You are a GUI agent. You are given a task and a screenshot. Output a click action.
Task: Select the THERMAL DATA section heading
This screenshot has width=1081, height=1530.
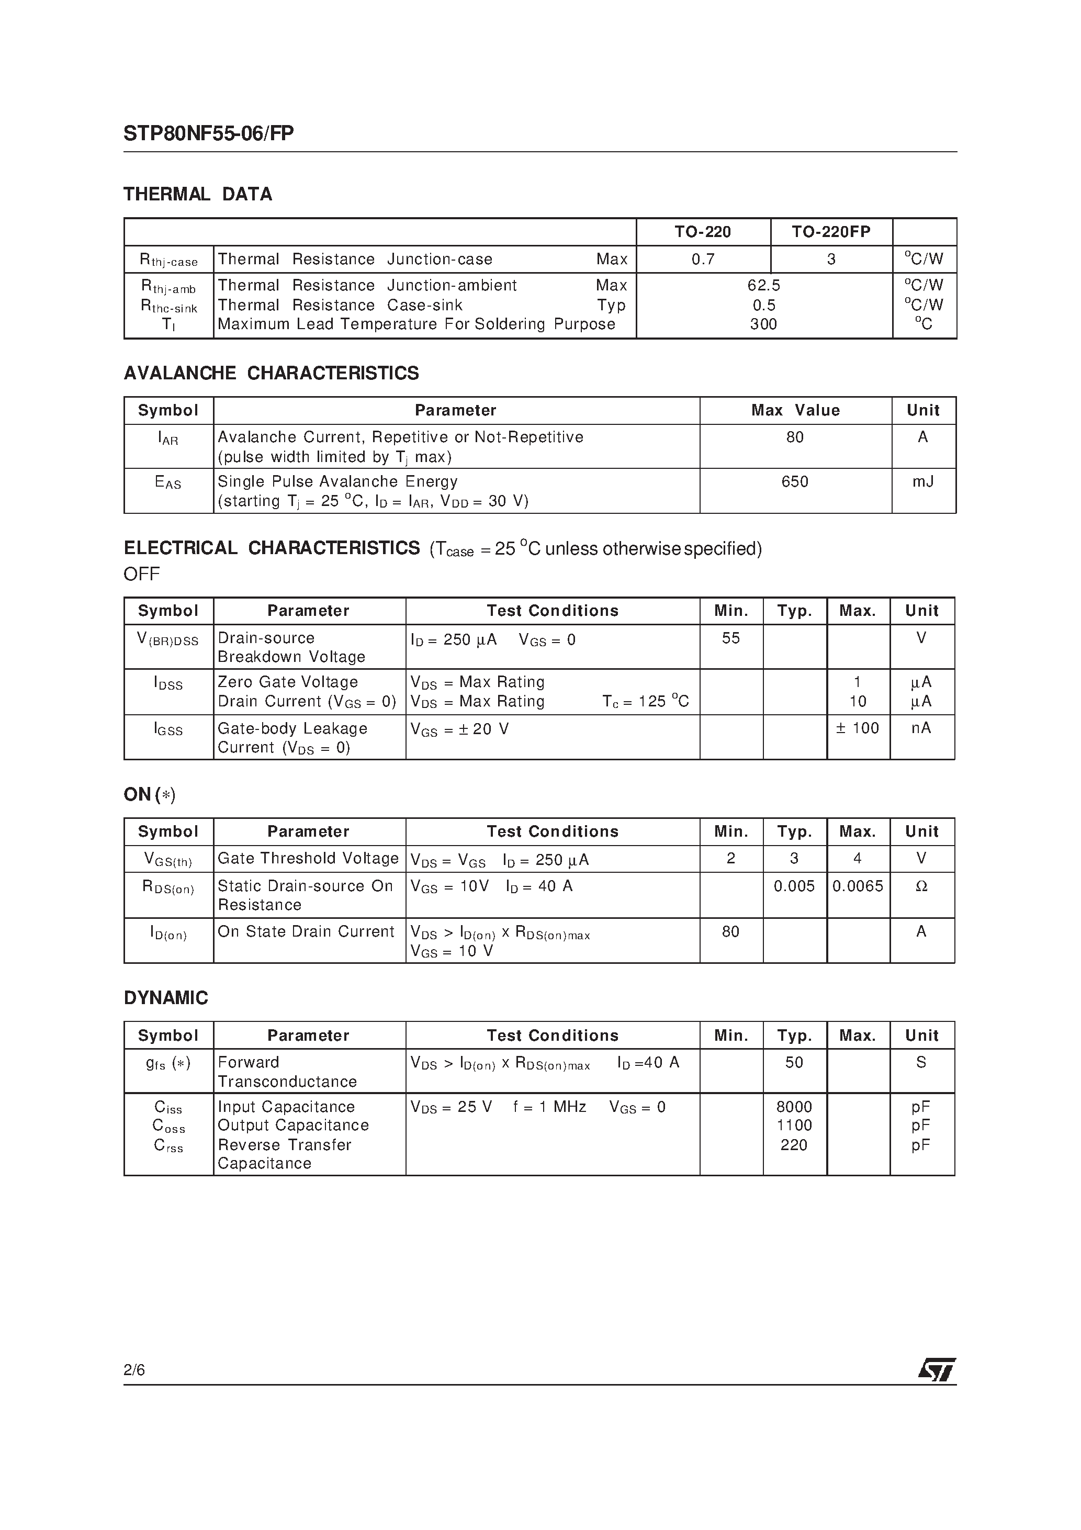pyautogui.click(x=198, y=195)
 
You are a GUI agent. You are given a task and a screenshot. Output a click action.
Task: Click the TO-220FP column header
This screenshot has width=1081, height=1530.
pyautogui.click(x=830, y=232)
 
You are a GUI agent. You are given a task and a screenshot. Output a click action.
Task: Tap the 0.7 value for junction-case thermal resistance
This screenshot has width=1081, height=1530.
pyautogui.click(x=703, y=259)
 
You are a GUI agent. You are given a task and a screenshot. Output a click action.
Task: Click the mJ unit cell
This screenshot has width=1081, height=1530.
pyautogui.click(x=922, y=482)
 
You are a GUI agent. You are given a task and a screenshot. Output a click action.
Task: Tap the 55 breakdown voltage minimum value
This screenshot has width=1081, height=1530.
pyautogui.click(x=730, y=638)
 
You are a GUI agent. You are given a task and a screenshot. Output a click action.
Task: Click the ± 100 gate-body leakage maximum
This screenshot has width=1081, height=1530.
pyautogui.click(x=857, y=728)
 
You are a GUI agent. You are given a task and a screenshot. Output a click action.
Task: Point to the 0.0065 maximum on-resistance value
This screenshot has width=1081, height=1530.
pyautogui.click(x=857, y=886)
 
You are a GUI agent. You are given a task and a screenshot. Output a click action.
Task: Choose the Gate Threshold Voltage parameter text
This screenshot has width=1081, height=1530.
pyautogui.click(x=308, y=858)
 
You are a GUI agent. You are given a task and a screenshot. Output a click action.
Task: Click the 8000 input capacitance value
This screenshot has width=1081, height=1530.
pyautogui.click(x=794, y=1107)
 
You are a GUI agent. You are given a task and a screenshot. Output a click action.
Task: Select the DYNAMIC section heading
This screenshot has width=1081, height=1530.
pyautogui.click(x=166, y=997)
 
